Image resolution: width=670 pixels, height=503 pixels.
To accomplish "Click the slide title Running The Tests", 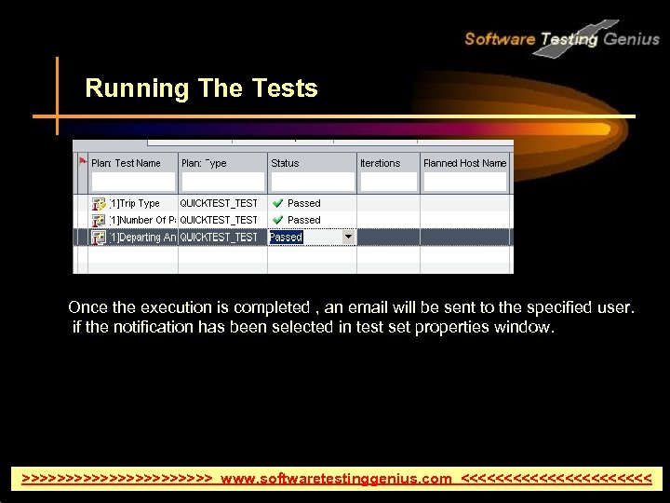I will pos(201,88).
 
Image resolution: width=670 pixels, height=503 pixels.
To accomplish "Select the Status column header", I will pos(285,163).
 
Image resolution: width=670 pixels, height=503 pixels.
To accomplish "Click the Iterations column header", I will pos(380,163).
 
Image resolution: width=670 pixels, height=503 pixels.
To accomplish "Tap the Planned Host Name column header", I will pos(464,163).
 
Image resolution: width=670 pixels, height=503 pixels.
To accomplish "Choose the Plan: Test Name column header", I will pos(126,163).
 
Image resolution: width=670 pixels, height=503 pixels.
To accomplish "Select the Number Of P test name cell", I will pos(142,220).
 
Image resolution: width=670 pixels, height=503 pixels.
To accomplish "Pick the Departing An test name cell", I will pos(142,238).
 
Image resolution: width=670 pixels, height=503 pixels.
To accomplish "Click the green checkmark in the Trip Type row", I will pos(277,203).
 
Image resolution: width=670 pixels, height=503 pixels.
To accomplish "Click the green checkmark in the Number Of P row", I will pos(277,220).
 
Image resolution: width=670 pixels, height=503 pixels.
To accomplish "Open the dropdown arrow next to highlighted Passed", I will pos(349,237).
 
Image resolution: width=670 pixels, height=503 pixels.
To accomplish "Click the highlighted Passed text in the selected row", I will pos(286,238).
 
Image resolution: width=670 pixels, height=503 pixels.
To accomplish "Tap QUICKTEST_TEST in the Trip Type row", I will pos(219,203).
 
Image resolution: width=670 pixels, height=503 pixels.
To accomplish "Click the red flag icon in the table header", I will pos(82,159).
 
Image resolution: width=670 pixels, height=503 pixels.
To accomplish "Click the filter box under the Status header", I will pos(311,182).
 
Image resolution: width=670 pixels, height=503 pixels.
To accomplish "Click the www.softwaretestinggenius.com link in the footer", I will pos(336,479).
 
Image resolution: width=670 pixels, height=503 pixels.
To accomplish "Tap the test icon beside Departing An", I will pos(99,238).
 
